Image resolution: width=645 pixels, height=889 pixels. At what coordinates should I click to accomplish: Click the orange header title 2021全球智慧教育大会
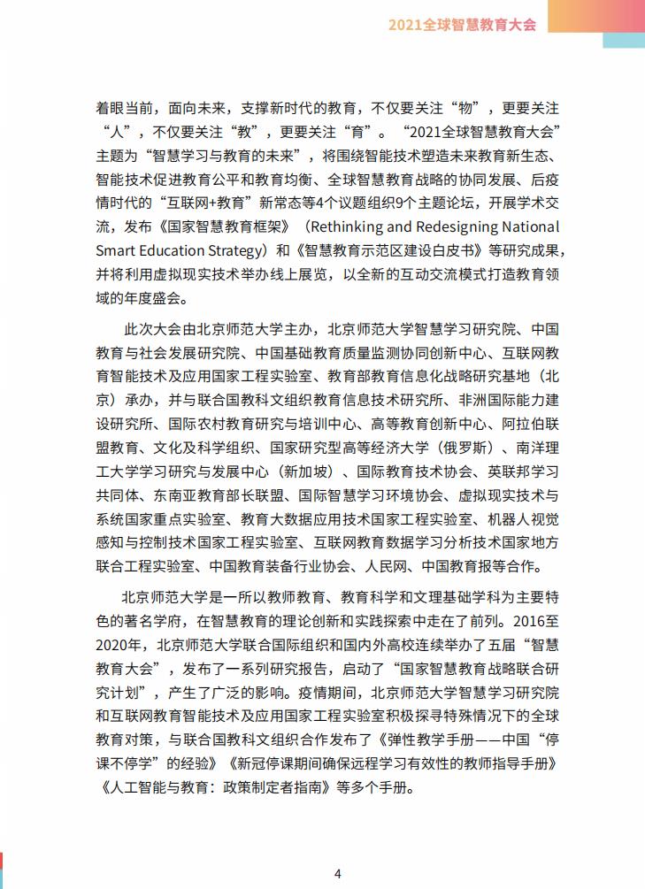point(462,25)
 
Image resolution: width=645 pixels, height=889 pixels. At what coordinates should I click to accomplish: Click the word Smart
point(115,249)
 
